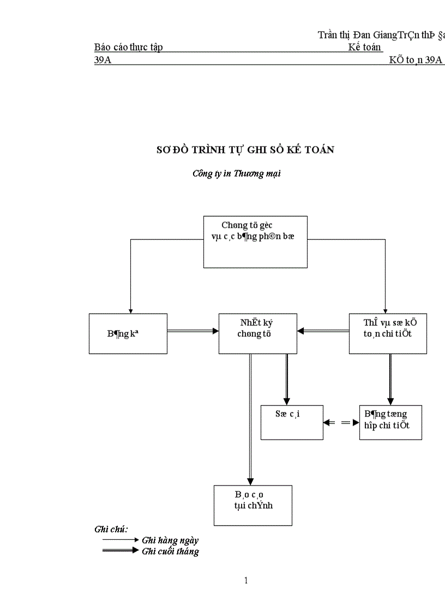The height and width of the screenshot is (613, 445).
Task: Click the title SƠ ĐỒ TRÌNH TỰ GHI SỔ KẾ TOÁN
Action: coord(245,150)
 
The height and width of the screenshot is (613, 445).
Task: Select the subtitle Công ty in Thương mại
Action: coord(237,174)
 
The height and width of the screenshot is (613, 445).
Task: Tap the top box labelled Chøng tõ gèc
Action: coord(255,241)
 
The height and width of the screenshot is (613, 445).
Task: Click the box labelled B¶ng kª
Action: coord(128,334)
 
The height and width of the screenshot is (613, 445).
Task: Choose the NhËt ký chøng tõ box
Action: coord(257,334)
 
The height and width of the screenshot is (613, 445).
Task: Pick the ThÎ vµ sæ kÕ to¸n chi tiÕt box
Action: coord(388,334)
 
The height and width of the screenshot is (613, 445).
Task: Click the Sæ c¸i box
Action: coord(292,422)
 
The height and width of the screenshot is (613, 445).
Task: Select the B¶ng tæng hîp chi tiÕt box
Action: coord(390,422)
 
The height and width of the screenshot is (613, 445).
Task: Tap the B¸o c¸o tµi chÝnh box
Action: coord(252,505)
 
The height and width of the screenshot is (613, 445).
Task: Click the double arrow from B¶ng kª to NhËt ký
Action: coord(193,331)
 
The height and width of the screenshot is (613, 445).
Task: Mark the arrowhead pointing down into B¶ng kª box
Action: coord(130,310)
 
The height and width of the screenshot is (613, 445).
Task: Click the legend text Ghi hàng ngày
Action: coord(170,540)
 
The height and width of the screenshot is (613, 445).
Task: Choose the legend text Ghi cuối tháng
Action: coord(170,551)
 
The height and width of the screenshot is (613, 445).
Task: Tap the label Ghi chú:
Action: coord(111,529)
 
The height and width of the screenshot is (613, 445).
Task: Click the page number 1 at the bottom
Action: coord(246,580)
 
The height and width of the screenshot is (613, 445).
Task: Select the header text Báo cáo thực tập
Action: coord(129,47)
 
